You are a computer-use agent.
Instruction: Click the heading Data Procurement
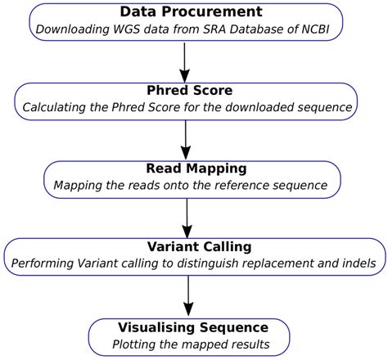(191, 11)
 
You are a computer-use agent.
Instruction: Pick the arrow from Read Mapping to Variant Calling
(187, 214)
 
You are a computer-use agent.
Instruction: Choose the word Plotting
(134, 344)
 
